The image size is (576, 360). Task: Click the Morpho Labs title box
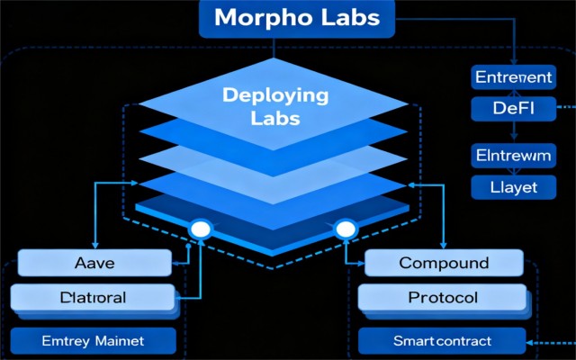click(x=297, y=19)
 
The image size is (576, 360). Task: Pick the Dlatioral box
click(x=93, y=297)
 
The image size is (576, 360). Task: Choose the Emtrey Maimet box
click(x=93, y=341)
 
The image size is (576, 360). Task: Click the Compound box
click(x=444, y=264)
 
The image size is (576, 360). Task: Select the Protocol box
click(x=443, y=297)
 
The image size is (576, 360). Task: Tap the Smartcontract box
click(x=442, y=341)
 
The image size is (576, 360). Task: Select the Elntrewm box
click(x=510, y=156)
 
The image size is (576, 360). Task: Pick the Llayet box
click(x=510, y=187)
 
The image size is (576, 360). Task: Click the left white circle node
click(x=199, y=231)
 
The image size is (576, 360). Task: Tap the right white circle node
click(x=346, y=231)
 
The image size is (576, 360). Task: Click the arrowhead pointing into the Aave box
click(x=176, y=263)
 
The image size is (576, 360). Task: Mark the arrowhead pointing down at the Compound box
click(x=443, y=245)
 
